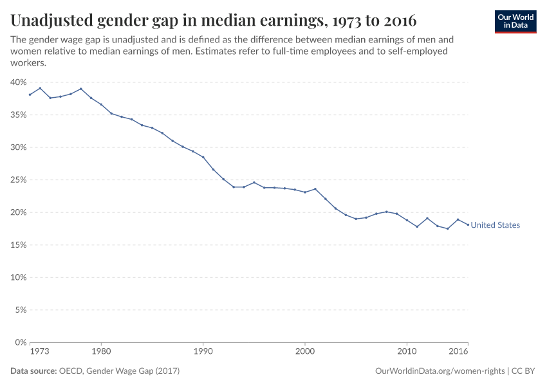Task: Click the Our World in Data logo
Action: coord(515,21)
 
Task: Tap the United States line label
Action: coord(495,225)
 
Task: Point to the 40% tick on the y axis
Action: coord(18,82)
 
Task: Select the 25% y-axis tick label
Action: coord(18,180)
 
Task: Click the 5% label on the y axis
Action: coord(20,309)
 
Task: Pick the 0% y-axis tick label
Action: coord(20,342)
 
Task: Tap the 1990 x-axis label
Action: coord(203,352)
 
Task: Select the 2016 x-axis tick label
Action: coord(458,352)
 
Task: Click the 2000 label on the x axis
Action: coord(305,352)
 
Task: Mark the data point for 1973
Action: coord(30,95)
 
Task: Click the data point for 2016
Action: coord(468,225)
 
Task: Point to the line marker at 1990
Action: coord(203,157)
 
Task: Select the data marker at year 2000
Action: coord(305,192)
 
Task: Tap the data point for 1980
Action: coord(101,104)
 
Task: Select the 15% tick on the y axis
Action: coord(18,245)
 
